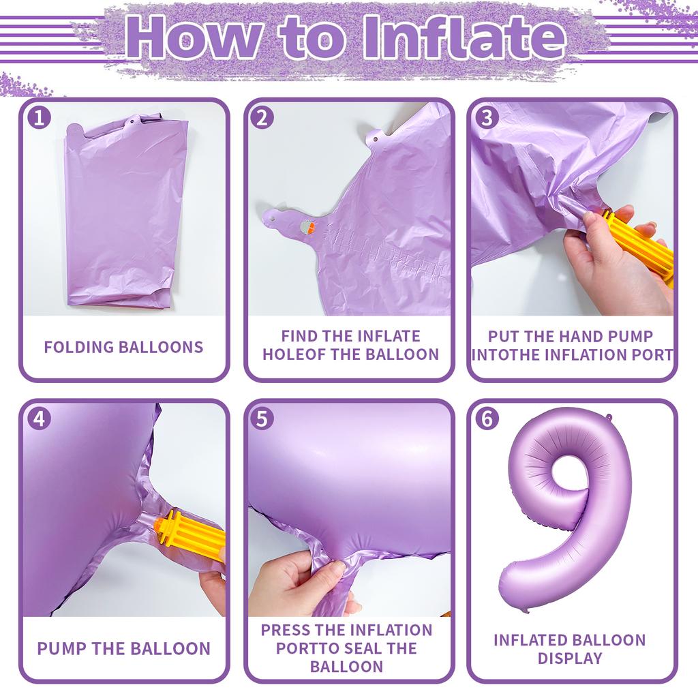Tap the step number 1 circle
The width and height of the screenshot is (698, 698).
pyautogui.click(x=39, y=118)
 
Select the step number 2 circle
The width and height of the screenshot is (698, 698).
pyautogui.click(x=262, y=118)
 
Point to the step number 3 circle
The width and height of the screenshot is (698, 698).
pyautogui.click(x=485, y=118)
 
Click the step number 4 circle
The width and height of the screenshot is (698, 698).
pyautogui.click(x=39, y=419)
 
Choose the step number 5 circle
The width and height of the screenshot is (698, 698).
pyautogui.click(x=262, y=419)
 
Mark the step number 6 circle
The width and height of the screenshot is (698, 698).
pyautogui.click(x=485, y=419)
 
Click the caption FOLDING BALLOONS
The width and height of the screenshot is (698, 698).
pyautogui.click(x=123, y=346)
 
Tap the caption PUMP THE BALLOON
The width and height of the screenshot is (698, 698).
pyautogui.click(x=123, y=648)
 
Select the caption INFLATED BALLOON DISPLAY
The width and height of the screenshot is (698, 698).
pyautogui.click(x=569, y=649)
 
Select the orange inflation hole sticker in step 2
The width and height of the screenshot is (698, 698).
pyautogui.click(x=309, y=228)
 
